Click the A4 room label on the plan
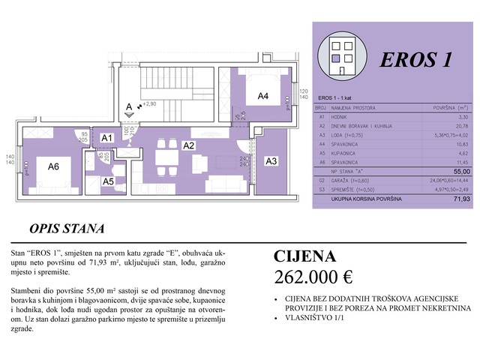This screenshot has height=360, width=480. pos(263,96)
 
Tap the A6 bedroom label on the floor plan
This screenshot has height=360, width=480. pos(53,166)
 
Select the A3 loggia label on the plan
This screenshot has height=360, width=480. pos(271,161)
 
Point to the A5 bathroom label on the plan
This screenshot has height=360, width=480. pos(109,181)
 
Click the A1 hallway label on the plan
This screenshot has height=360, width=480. pos(107,138)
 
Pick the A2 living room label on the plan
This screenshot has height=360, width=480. pos(189,145)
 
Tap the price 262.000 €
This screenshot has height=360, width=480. pos(313,276)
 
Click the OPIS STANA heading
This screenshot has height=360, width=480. pos(67,228)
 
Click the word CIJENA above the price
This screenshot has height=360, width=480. pos(304,256)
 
